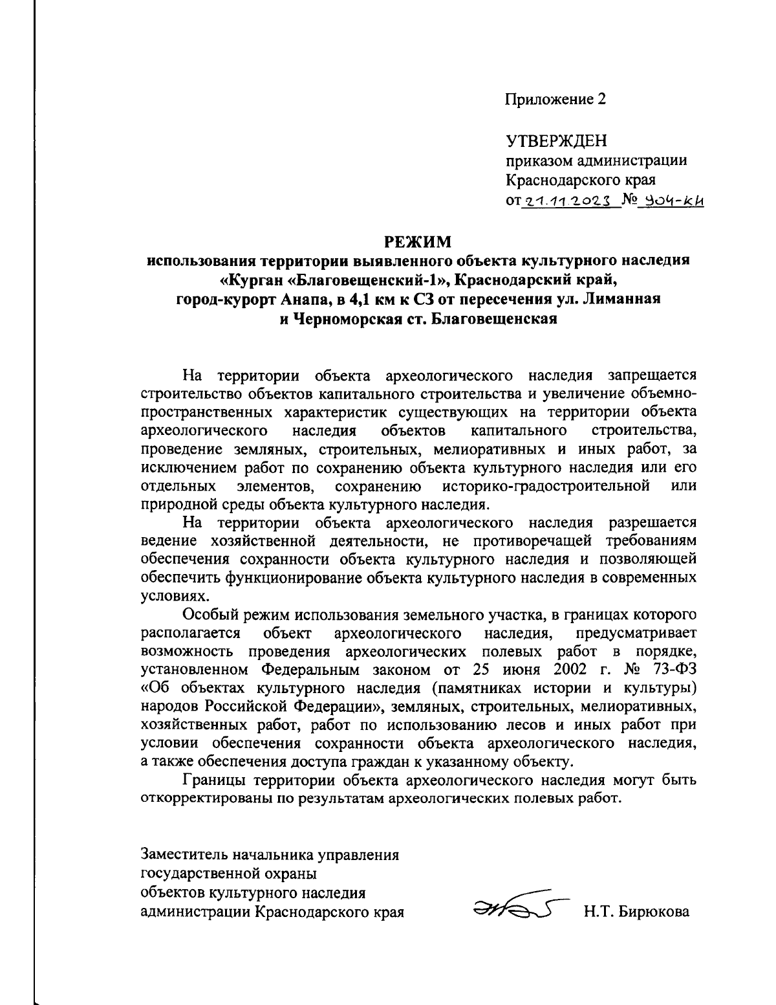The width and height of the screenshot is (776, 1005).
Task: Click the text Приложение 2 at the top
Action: [x=555, y=99]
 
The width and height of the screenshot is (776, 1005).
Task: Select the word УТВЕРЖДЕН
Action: [x=555, y=140]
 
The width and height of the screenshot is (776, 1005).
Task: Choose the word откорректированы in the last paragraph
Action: [x=202, y=797]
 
